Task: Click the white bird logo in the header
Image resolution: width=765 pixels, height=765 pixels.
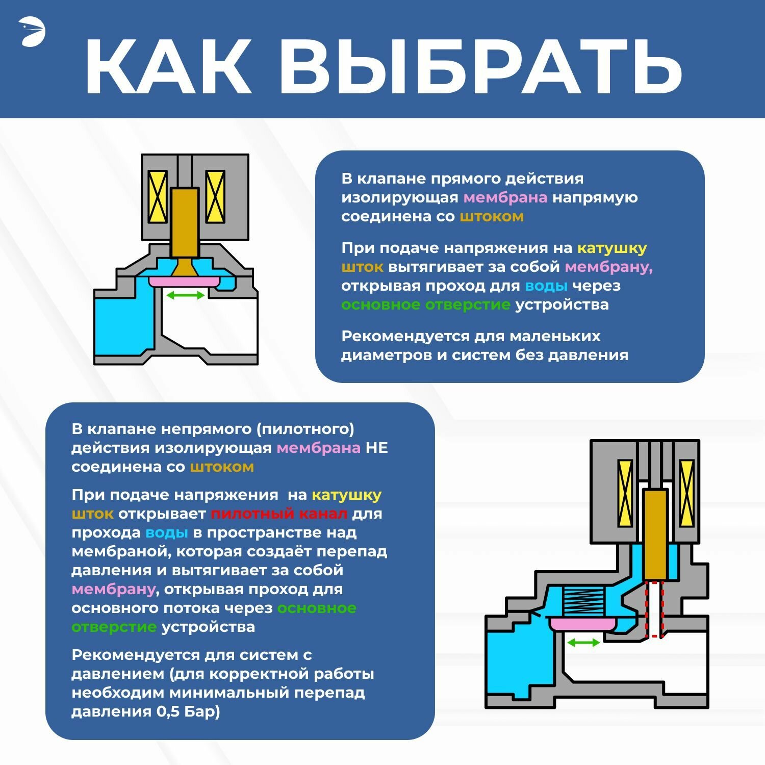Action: [32, 32]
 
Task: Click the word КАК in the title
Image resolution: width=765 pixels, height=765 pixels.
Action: [168, 67]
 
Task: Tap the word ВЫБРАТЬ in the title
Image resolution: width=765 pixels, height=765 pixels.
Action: [480, 67]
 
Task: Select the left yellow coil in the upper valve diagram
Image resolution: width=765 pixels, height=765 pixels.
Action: [158, 196]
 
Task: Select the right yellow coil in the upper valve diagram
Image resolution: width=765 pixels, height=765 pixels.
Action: [215, 196]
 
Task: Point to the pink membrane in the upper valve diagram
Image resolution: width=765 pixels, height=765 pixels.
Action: [184, 282]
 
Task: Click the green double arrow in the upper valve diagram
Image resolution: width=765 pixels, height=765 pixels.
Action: [186, 295]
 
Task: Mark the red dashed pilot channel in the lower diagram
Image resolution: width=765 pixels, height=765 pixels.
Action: [655, 609]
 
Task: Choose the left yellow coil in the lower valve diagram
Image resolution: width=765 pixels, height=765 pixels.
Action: [625, 493]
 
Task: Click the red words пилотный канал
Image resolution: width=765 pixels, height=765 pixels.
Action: [279, 514]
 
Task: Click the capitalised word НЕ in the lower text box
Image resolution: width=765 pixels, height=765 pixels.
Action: [377, 448]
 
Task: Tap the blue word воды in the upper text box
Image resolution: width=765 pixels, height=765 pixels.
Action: [546, 286]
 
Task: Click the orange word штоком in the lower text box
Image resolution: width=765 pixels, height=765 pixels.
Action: [222, 467]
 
